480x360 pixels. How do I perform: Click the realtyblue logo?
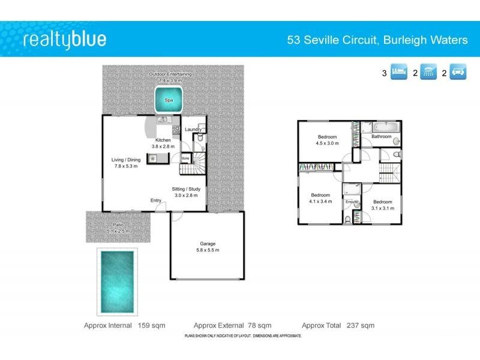point(64,40)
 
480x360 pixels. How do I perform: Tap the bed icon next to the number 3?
point(399,73)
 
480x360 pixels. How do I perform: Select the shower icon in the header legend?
point(428,73)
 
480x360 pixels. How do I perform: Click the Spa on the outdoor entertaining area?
point(168,100)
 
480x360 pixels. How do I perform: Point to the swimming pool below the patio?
point(117,280)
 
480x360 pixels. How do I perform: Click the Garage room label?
point(208,244)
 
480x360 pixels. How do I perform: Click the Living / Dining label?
point(125,160)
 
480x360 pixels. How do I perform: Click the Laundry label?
point(193,130)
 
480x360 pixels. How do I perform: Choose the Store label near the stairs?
point(185,159)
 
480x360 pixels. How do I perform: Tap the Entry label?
point(156,200)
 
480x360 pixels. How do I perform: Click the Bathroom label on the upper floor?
point(381,137)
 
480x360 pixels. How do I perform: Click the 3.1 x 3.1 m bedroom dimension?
point(383,208)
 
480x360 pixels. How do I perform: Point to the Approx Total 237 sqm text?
point(338,325)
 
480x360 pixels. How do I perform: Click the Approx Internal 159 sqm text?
point(126,325)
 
